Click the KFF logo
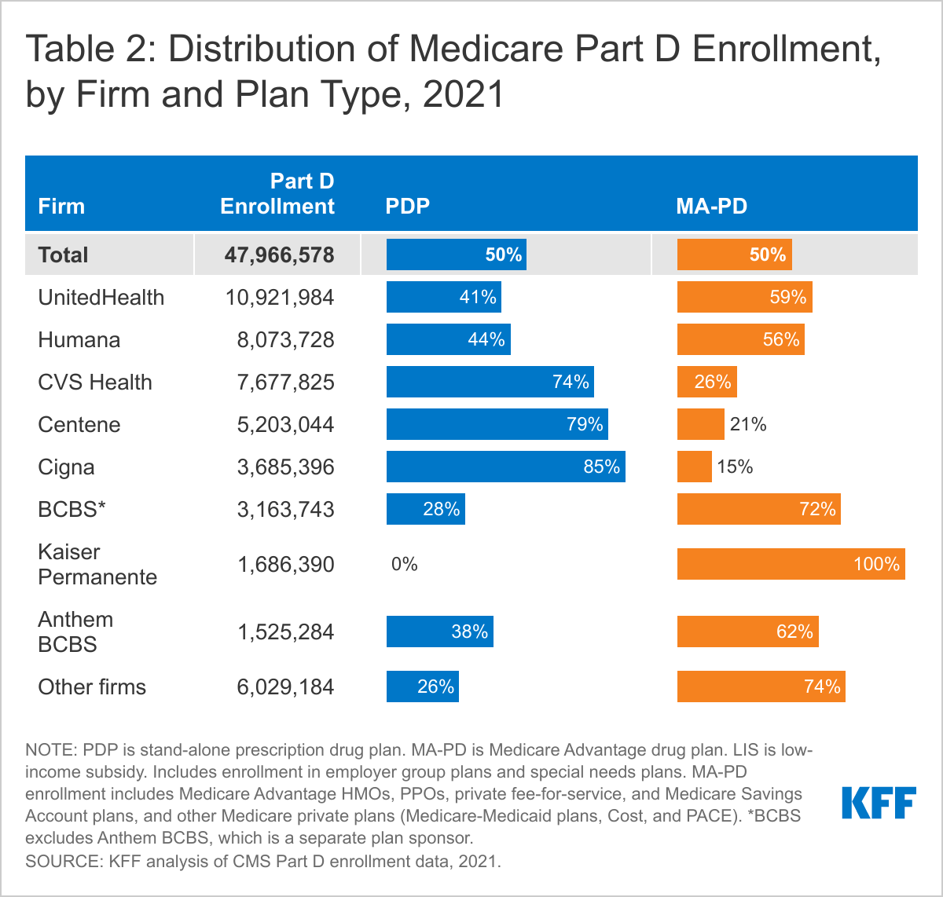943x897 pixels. pos(879,804)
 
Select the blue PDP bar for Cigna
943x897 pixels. pos(505,467)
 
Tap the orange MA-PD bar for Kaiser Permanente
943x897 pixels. pos(791,564)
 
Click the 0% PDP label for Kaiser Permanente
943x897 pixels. pos(404,564)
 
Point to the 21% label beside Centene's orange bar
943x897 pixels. pos(747,424)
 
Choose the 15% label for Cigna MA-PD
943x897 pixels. pos(735,467)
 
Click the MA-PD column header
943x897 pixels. pos(711,207)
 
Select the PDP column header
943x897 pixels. pos(407,207)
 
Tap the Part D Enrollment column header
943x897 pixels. pos(277,194)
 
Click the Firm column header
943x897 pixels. pos(61,207)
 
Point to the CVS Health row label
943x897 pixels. pos(95,382)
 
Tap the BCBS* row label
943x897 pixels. pos(72,509)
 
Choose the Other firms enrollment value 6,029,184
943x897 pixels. pos(285,686)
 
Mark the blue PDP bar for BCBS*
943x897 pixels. pos(425,509)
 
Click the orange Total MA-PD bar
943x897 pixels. pos(734,254)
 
